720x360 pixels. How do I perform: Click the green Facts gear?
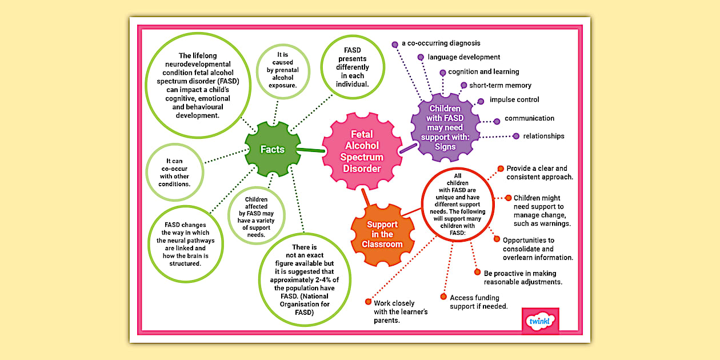click(x=273, y=149)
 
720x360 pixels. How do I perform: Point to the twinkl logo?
click(x=540, y=321)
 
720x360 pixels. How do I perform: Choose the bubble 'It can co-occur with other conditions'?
click(x=174, y=173)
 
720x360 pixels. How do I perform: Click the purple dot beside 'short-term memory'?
click(x=464, y=86)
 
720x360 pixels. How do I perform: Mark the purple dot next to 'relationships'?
click(x=517, y=136)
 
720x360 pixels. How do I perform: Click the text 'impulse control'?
click(x=514, y=99)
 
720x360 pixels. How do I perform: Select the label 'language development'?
click(x=463, y=57)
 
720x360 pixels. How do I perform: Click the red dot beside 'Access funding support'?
click(x=443, y=297)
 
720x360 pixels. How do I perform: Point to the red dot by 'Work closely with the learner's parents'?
click(x=368, y=302)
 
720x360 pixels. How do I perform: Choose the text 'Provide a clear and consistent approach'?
click(x=539, y=173)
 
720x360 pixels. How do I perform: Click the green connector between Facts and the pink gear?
click(x=310, y=150)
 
